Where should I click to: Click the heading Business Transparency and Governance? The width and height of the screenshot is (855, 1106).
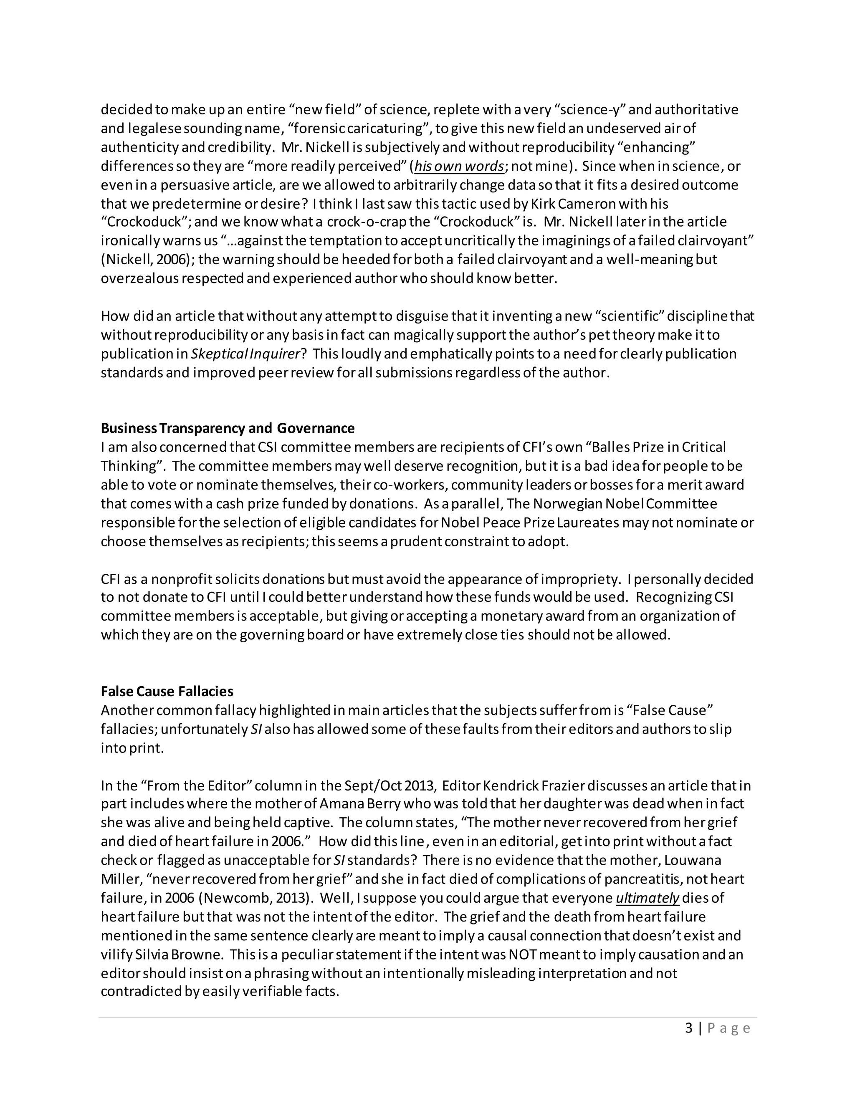(228, 429)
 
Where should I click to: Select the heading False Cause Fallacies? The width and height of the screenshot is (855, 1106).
(167, 691)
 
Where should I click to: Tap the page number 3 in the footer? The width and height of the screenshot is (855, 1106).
(688, 1028)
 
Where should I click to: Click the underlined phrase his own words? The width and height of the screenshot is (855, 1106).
(459, 166)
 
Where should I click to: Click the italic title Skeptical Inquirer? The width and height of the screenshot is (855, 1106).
(245, 354)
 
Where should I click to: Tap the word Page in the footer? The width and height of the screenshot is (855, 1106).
(729, 1028)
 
